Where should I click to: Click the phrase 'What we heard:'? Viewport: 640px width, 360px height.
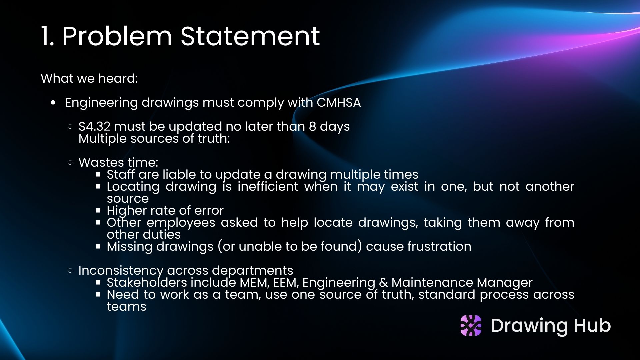click(x=89, y=78)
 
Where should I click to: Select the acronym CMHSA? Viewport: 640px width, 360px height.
click(x=338, y=102)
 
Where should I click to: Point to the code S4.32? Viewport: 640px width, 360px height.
click(x=94, y=126)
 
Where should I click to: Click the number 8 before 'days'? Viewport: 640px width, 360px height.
click(x=312, y=126)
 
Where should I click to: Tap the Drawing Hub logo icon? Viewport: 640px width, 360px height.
click(x=471, y=325)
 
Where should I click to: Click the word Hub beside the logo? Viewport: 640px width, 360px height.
click(x=592, y=325)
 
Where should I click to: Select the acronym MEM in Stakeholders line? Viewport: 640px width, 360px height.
click(x=254, y=282)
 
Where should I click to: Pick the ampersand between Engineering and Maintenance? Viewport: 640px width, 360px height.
click(x=383, y=282)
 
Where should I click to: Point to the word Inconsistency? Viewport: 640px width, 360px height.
click(x=120, y=270)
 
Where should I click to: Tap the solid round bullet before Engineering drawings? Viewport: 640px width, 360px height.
click(x=53, y=103)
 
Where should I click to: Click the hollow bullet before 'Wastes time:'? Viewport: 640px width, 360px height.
click(x=70, y=163)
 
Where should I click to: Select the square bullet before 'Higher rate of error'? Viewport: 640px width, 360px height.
click(x=98, y=211)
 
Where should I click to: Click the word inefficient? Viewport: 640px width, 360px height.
click(x=268, y=186)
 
